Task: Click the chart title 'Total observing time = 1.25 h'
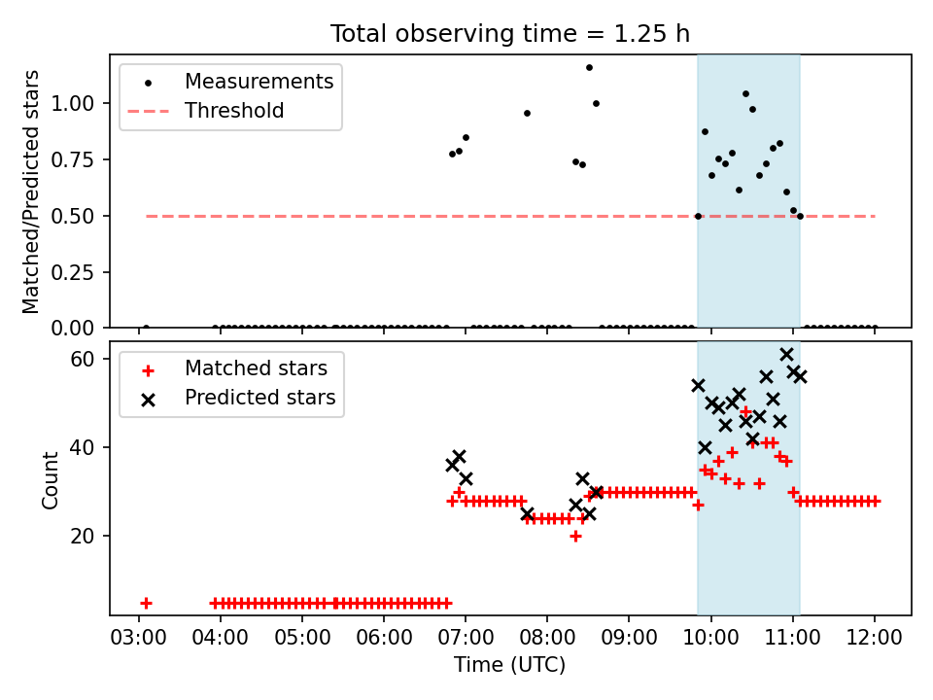click(510, 33)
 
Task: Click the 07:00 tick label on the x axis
click(466, 638)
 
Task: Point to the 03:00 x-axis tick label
click(139, 638)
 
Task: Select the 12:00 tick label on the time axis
click(874, 638)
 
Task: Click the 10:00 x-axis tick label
click(710, 638)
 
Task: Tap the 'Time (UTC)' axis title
click(510, 664)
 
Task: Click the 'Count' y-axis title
click(50, 479)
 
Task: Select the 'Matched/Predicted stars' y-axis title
click(30, 192)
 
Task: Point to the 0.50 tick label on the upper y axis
click(72, 216)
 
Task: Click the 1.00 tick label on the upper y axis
click(72, 104)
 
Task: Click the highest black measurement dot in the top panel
click(589, 67)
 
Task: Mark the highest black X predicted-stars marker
click(786, 354)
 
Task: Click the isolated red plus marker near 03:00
click(146, 604)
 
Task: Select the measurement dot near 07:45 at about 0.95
click(527, 113)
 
